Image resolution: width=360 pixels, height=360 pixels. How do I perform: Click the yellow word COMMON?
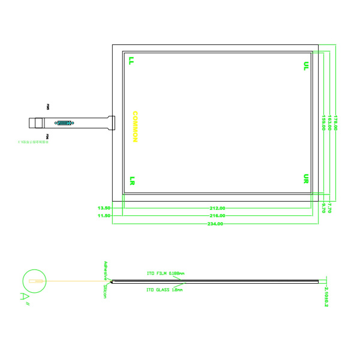click(135, 127)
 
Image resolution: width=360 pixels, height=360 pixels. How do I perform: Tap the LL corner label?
click(131, 61)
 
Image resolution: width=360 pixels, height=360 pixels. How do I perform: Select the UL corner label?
click(306, 65)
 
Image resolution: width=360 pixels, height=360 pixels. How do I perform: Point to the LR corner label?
click(131, 180)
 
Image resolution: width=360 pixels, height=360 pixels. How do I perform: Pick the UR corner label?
click(306, 179)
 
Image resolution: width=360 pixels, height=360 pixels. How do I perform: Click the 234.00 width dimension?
click(215, 223)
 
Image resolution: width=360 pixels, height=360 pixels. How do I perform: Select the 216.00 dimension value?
click(217, 215)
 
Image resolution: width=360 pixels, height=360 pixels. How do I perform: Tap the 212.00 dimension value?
click(217, 208)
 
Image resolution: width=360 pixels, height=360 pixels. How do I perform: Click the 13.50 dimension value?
click(104, 208)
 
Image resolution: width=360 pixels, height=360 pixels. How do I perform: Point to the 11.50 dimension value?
click(104, 215)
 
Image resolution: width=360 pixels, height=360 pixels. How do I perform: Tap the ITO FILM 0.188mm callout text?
click(166, 273)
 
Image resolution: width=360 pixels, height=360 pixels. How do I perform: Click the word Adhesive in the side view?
click(106, 271)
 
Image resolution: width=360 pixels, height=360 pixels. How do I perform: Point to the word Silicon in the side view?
click(104, 292)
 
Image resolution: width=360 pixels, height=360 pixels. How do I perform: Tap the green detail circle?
click(32, 281)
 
